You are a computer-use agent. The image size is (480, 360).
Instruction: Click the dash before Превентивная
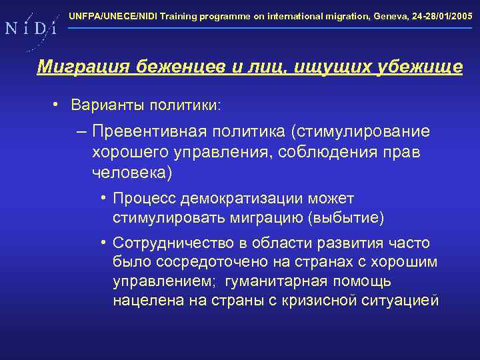point(81,131)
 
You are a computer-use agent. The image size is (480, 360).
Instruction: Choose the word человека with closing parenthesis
point(132,173)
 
